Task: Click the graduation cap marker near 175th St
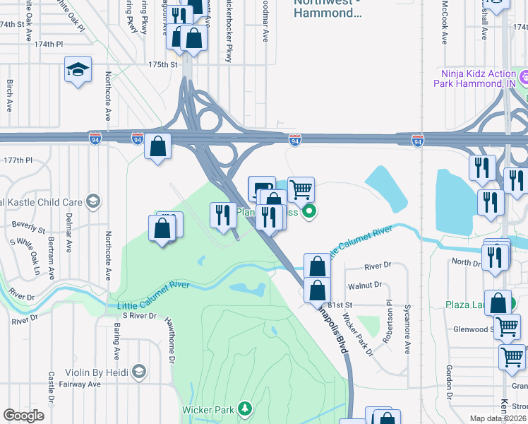78,70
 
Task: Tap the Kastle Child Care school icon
92,202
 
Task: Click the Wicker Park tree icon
244,408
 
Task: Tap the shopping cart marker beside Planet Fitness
301,189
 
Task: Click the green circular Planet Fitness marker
308,211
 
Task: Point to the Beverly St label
28,230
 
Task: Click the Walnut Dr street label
364,285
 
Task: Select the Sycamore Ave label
407,331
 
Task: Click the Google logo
23,416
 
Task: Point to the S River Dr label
137,316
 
